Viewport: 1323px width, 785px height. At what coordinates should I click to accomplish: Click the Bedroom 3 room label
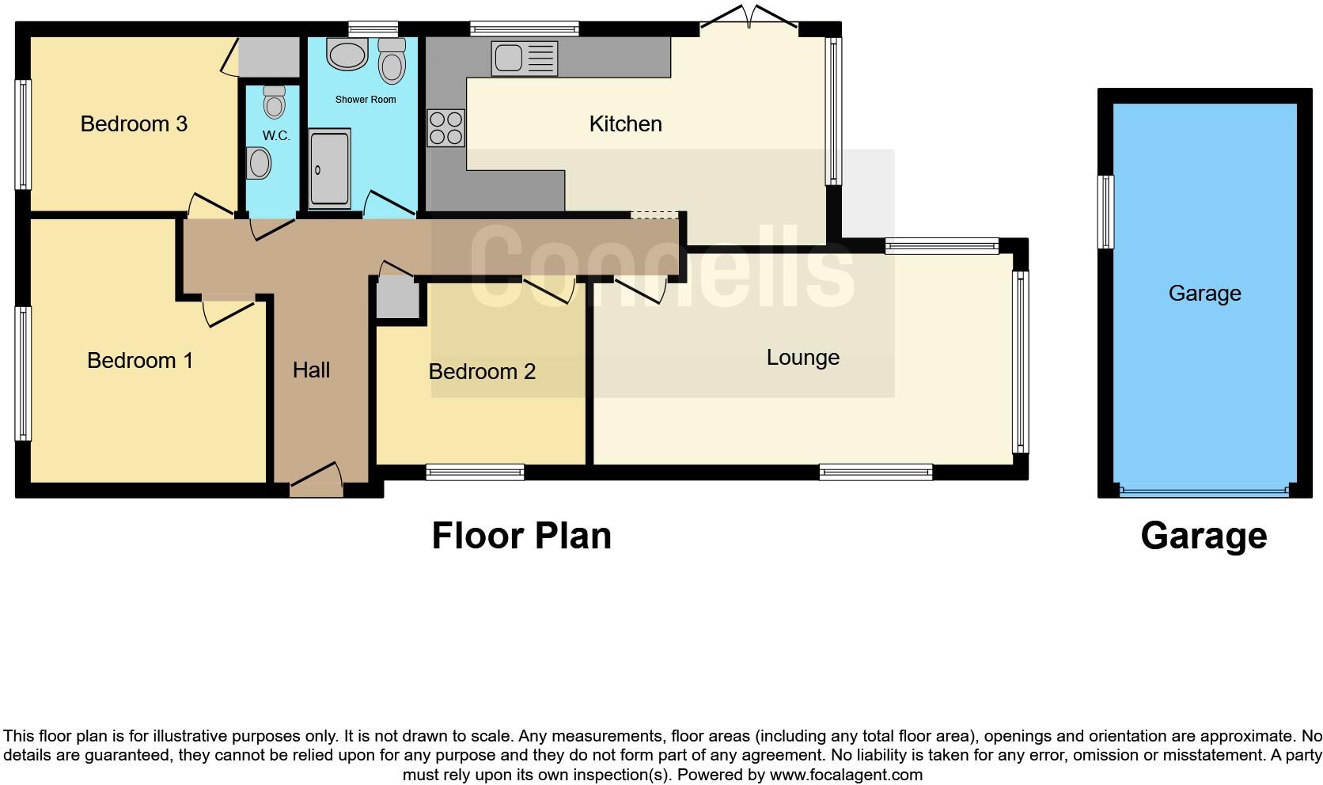click(x=134, y=124)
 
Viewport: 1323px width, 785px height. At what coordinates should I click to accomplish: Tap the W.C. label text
click(x=276, y=136)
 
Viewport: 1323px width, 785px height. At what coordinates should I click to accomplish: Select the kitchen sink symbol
click(x=524, y=59)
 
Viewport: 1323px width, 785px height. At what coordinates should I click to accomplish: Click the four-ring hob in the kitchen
click(x=445, y=128)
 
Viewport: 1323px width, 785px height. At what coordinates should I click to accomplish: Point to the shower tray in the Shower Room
click(x=329, y=170)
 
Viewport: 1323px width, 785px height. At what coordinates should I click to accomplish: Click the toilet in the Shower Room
click(x=392, y=61)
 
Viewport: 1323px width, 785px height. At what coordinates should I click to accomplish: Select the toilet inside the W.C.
click(x=274, y=102)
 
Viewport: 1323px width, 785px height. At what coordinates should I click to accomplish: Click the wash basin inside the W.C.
click(x=259, y=164)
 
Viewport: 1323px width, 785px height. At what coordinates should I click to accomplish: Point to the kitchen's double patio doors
click(x=748, y=19)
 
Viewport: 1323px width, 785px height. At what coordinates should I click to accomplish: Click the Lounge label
click(x=802, y=358)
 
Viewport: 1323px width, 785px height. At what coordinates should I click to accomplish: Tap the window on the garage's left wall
click(x=1105, y=211)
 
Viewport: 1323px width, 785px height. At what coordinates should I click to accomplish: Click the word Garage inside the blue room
click(x=1204, y=294)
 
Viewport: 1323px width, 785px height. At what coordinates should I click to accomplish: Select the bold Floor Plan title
click(x=521, y=536)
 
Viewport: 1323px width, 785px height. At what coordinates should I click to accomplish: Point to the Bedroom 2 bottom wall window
click(x=475, y=472)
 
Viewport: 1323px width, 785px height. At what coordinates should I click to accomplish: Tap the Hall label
click(x=311, y=370)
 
